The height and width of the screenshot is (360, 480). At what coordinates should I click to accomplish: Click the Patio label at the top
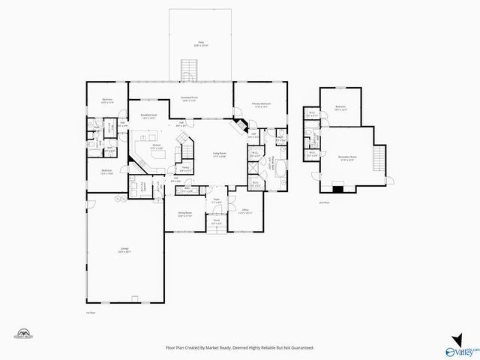[x=201, y=44]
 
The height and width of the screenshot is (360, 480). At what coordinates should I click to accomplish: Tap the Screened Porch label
[x=189, y=98]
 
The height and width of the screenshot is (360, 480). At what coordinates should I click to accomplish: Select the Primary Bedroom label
[x=261, y=105]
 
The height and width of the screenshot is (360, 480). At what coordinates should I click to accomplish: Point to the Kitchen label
[x=156, y=146]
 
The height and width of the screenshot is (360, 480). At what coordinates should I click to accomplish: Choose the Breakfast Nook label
[x=148, y=116]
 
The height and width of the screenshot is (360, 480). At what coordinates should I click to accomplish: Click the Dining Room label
[x=184, y=214]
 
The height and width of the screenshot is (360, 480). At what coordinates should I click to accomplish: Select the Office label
[x=244, y=211]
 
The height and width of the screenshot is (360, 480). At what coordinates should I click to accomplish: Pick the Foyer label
[x=216, y=201]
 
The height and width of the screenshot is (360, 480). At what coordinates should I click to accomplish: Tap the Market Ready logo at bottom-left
[x=24, y=334]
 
